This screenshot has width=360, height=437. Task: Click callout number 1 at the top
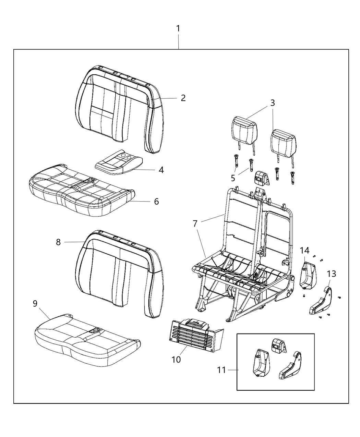178,28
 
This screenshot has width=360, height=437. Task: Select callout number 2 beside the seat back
183,98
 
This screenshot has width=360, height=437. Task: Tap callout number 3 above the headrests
272,102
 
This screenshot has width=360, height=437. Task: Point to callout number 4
161,170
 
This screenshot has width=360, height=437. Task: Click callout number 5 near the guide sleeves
233,178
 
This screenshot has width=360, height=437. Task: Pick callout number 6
156,201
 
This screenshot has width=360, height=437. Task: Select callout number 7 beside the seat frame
195,224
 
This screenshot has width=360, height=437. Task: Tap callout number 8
58,242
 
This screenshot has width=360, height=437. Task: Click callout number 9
35,304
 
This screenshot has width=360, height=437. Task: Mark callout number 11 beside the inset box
222,370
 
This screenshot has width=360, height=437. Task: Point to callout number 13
331,274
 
